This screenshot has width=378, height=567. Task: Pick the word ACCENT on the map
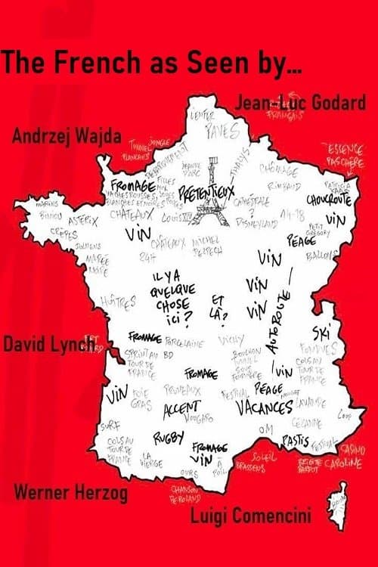[x=181, y=407]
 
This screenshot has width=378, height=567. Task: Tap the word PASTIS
[x=293, y=436]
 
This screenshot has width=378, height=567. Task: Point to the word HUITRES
[x=121, y=301]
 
